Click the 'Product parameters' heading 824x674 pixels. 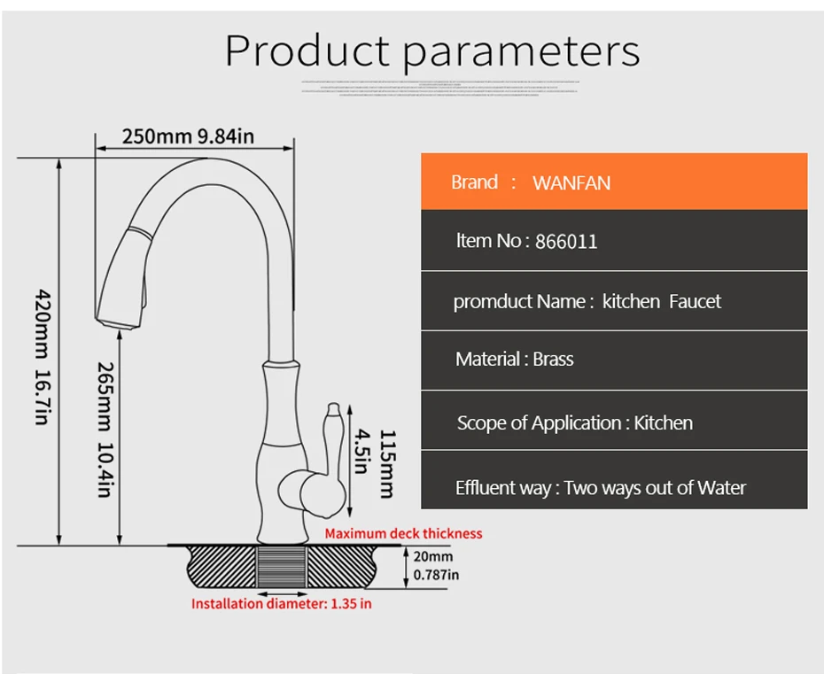(x=432, y=51)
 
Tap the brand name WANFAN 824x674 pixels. (x=571, y=183)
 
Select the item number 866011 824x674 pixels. (x=566, y=242)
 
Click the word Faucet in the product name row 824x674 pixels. (x=695, y=302)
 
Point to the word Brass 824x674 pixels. (x=554, y=360)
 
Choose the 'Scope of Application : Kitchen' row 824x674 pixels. (x=575, y=423)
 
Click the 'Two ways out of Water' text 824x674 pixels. (x=655, y=488)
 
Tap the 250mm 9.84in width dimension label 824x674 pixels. (x=188, y=136)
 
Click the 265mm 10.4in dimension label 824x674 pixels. (x=104, y=429)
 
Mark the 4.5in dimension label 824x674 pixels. (x=360, y=452)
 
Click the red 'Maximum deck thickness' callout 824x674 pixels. (x=403, y=533)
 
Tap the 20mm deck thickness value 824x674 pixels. (x=433, y=556)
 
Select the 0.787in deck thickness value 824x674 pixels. (x=437, y=575)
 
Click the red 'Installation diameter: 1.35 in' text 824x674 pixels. (x=282, y=604)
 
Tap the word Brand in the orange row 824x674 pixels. (x=474, y=182)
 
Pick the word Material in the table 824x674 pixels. (x=487, y=360)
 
